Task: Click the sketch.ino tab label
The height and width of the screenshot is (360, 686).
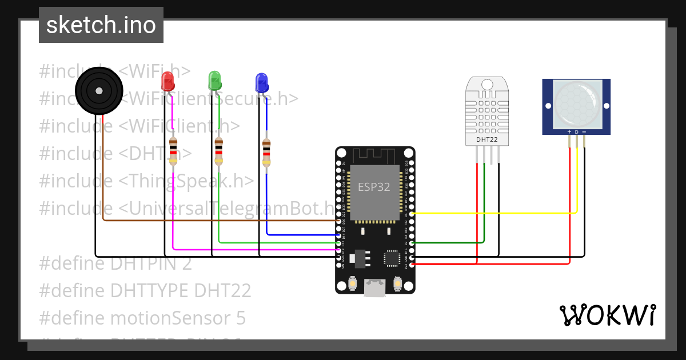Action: coord(101,25)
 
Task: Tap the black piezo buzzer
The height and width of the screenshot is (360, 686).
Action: coord(99,90)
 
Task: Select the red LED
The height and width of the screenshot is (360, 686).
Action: coord(167,81)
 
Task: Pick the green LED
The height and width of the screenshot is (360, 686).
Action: coord(214,80)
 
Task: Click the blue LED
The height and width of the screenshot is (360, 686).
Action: coord(261,82)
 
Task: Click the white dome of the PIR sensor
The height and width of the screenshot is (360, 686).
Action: coord(576,103)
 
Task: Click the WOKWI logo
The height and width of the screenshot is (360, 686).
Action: coord(607,315)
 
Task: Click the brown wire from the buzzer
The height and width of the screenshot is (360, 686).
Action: coord(217,220)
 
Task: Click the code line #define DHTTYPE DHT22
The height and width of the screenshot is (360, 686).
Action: coord(145,291)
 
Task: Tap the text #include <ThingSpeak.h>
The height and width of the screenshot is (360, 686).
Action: coord(146,181)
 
